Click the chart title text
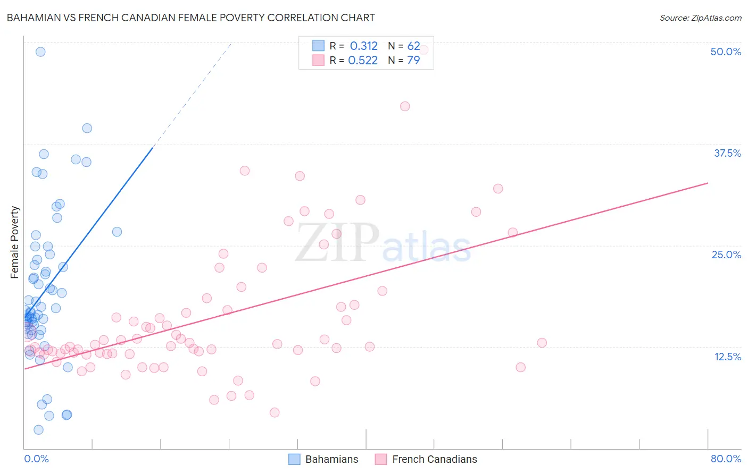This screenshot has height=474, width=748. pyautogui.click(x=190, y=18)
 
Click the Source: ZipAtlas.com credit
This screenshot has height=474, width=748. pyautogui.click(x=700, y=18)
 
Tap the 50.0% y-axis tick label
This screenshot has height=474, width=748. pyautogui.click(x=726, y=52)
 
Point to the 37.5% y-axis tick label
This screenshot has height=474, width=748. pyautogui.click(x=727, y=153)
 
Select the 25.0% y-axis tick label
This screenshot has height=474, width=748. pyautogui.click(x=726, y=255)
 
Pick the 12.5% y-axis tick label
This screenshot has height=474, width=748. pyautogui.click(x=727, y=357)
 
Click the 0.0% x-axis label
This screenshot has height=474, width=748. pyautogui.click(x=36, y=459)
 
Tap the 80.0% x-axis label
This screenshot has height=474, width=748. pyautogui.click(x=726, y=459)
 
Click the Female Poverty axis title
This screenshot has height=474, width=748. pyautogui.click(x=15, y=242)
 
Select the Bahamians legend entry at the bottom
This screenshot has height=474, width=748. pyautogui.click(x=323, y=459)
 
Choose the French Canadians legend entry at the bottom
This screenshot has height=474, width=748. pyautogui.click(x=426, y=459)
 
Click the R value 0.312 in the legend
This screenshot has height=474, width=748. pyautogui.click(x=363, y=46)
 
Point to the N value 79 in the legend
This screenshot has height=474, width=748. pyautogui.click(x=413, y=60)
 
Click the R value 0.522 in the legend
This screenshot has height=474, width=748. pyautogui.click(x=363, y=60)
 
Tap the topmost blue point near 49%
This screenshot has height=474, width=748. pyautogui.click(x=40, y=52)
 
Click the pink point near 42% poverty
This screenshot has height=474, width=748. pyautogui.click(x=405, y=106)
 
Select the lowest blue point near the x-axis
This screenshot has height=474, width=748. pyautogui.click(x=38, y=430)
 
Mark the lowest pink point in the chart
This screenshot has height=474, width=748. pyautogui.click(x=275, y=412)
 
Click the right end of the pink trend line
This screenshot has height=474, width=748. pyautogui.click(x=708, y=183)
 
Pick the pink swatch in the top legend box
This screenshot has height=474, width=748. pyautogui.click(x=318, y=60)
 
